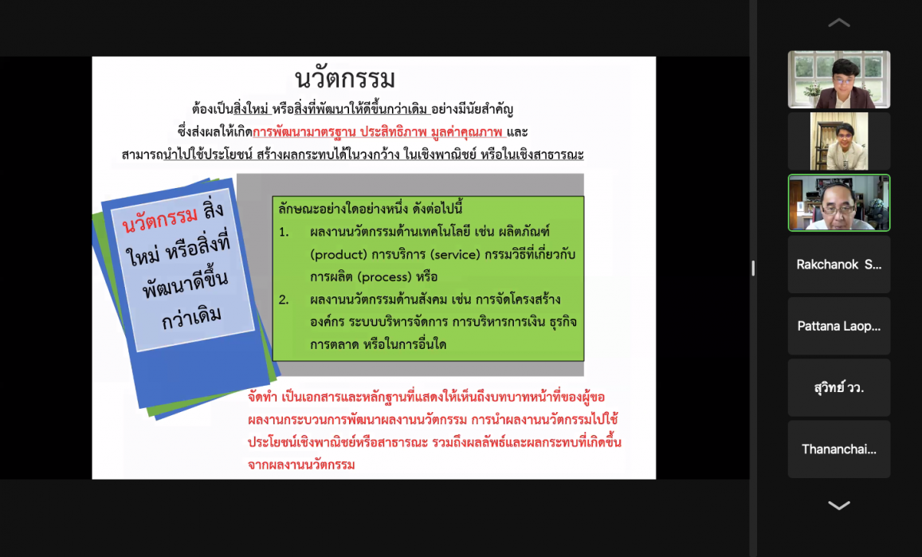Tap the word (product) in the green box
338,255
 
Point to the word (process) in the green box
385,277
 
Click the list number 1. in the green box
284,233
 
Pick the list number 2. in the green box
284,300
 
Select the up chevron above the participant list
839,23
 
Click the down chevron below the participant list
839,505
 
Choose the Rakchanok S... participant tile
839,265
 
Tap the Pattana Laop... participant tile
839,326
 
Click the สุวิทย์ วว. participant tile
839,387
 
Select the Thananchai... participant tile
839,449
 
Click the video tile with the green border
839,203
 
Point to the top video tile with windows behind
839,80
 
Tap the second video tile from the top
839,141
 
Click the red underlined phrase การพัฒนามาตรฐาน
304,131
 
